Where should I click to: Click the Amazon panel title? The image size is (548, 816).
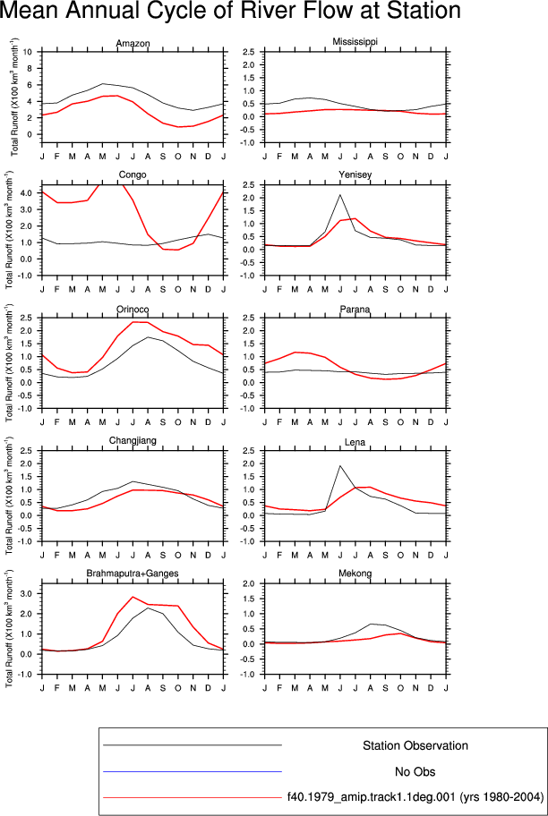[133, 43]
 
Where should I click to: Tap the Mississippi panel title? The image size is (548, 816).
[355, 42]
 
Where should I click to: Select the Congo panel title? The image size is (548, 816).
[133, 174]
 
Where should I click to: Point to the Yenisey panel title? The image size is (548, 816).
[355, 174]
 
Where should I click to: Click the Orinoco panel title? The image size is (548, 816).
[133, 310]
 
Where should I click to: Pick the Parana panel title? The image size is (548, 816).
[355, 310]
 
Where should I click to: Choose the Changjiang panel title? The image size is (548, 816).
[133, 441]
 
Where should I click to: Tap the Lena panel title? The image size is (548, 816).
[355, 443]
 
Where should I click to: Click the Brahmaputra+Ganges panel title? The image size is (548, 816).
[133, 574]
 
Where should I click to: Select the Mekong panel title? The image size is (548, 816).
[355, 574]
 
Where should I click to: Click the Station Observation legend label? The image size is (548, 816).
[415, 745]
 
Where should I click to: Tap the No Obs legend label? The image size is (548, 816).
[415, 772]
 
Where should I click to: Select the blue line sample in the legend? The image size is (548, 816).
[193, 771]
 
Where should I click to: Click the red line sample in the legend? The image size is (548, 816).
[193, 796]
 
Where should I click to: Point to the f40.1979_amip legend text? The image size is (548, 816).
[415, 797]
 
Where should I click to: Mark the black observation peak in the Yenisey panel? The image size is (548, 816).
[340, 195]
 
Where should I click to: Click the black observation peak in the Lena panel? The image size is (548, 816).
[340, 466]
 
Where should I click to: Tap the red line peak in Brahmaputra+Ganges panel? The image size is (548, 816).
[133, 597]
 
